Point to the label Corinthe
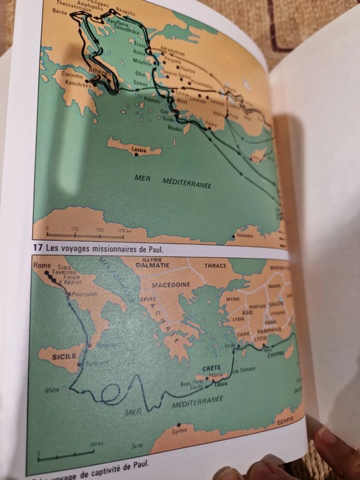[72, 75]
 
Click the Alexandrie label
[244, 236]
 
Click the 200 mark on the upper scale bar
[100, 230]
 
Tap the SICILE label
[64, 355]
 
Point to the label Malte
[52, 390]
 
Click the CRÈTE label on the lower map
[211, 369]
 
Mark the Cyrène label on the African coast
[179, 431]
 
